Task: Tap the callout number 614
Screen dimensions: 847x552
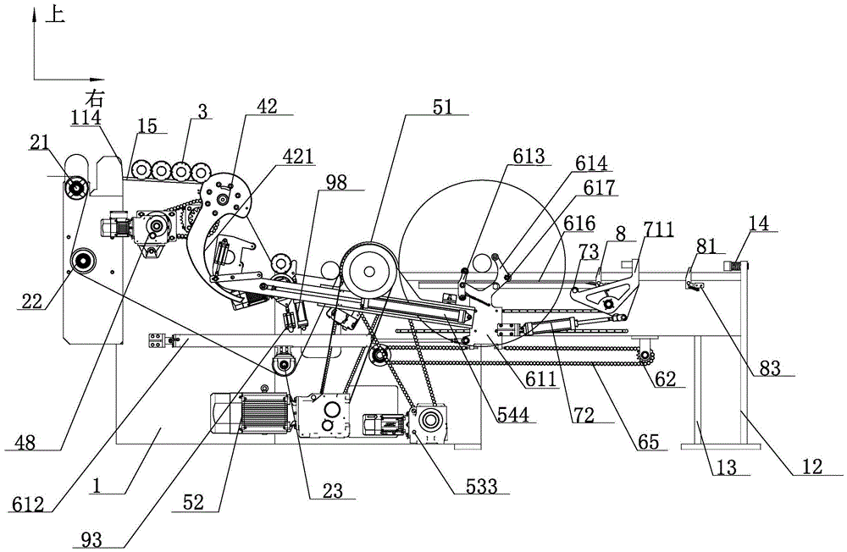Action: pos(591,163)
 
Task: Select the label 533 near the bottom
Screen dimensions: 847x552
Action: pos(482,486)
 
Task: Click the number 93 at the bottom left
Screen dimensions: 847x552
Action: pos(94,539)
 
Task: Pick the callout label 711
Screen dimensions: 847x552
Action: pos(658,230)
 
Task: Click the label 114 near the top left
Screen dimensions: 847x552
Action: pos(87,117)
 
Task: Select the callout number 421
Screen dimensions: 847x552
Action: pos(297,157)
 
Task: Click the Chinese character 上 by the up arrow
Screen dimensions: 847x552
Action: pos(54,14)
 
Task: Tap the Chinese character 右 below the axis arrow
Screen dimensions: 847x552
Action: pos(95,98)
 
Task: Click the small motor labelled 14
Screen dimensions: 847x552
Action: pos(734,265)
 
